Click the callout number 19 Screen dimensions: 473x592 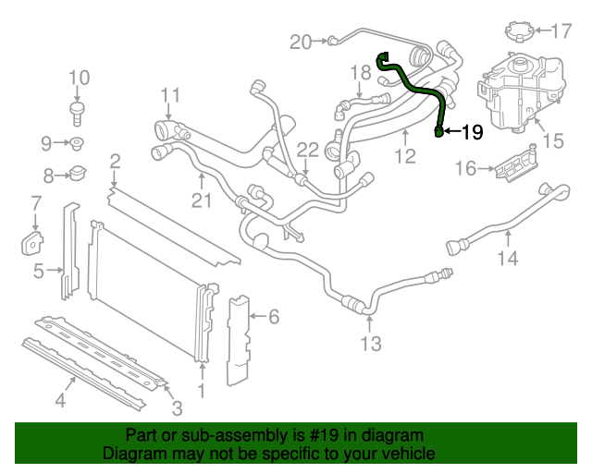tap(472, 132)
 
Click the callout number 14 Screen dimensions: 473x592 tap(508, 259)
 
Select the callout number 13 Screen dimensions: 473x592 tap(370, 345)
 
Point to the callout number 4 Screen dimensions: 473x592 tap(59, 400)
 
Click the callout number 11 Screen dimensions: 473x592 tap(169, 95)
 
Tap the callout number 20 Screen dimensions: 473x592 tap(301, 41)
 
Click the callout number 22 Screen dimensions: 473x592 tap(307, 150)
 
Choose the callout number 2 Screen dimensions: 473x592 tap(115, 164)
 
